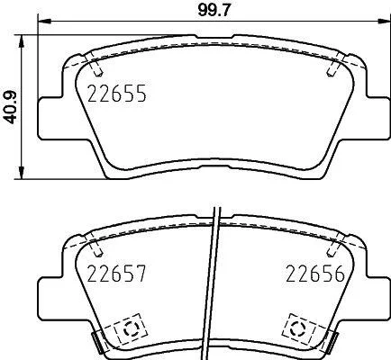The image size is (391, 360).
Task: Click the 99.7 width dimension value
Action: [x=214, y=11]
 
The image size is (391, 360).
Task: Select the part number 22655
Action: [x=117, y=94]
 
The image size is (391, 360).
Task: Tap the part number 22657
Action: [x=116, y=274]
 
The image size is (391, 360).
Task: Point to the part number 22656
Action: [x=315, y=274]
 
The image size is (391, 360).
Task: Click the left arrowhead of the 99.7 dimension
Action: [x=44, y=22]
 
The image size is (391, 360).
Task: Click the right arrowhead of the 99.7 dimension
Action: [x=384, y=22]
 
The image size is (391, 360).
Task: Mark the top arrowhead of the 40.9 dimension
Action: [x=21, y=41]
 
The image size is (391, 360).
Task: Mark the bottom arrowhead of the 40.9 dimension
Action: [x=21, y=173]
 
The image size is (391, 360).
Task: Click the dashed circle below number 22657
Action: [x=131, y=329]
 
